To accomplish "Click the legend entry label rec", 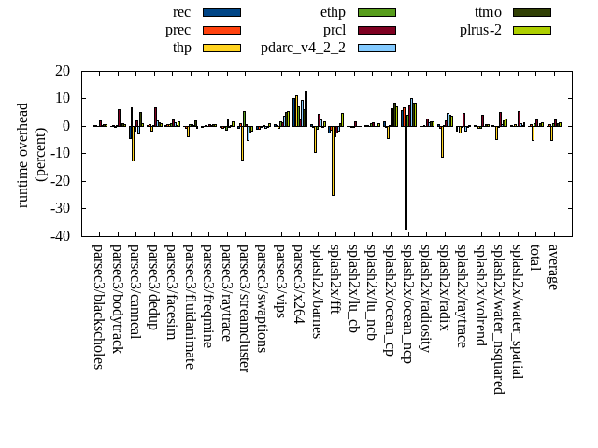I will pyautogui.click(x=182, y=12).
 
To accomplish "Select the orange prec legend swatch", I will pyautogui.click(x=221, y=30).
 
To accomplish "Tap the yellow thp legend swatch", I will pyautogui.click(x=221, y=48).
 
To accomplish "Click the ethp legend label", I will pyautogui.click(x=333, y=12).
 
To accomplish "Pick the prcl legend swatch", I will pyautogui.click(x=377, y=30).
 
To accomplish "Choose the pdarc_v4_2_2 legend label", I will pyautogui.click(x=303, y=48).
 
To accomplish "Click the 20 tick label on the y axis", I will pyautogui.click(x=63, y=71).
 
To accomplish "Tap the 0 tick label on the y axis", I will pyautogui.click(x=66, y=126).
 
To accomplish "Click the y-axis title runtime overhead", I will pyautogui.click(x=23, y=154).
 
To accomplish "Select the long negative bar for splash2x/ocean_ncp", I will pyautogui.click(x=406, y=177).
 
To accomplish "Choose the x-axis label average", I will pyautogui.click(x=552, y=267).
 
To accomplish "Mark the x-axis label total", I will pyautogui.click(x=534, y=258).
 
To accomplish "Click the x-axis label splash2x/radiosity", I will pyautogui.click(x=424, y=299).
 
